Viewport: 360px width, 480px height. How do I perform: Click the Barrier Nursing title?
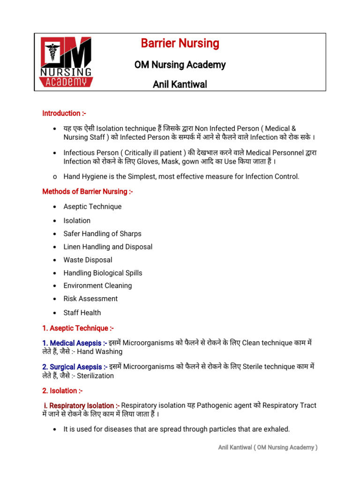[x=180, y=44]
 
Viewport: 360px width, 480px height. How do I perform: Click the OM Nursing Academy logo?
[x=66, y=62]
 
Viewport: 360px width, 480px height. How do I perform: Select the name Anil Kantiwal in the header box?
[x=180, y=84]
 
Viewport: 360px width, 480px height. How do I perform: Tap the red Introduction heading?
[x=64, y=113]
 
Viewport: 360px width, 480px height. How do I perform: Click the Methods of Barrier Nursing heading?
[x=88, y=191]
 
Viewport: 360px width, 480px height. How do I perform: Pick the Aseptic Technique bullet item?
[x=92, y=207]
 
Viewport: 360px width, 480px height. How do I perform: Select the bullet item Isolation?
[x=77, y=220]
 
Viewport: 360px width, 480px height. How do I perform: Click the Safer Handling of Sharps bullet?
[x=102, y=233]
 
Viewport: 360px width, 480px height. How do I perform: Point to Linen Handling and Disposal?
[x=108, y=247]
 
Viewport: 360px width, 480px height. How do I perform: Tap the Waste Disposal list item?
[x=88, y=260]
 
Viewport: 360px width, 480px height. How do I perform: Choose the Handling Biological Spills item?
[x=103, y=273]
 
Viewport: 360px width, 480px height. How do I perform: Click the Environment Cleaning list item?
[x=97, y=285]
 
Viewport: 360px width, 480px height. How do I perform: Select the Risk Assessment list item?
[x=90, y=299]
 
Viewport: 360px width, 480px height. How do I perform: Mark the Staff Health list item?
[x=82, y=313]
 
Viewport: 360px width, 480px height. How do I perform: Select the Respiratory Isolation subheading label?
[x=81, y=405]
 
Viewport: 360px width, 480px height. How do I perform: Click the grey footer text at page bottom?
[x=268, y=448]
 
